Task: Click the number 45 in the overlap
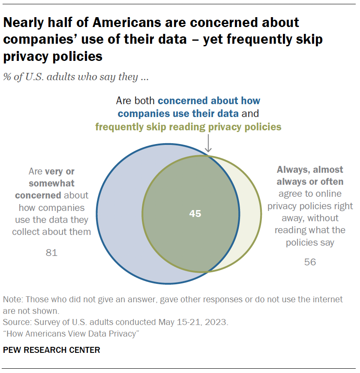pos(195,214)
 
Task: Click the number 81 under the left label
pos(51,253)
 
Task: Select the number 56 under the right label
pos(310,262)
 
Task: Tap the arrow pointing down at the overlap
pos(208,144)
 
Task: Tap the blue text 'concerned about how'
pos(209,101)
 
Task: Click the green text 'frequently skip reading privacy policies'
pos(188,126)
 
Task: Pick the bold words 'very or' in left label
pos(60,171)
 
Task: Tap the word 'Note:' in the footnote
pos(13,299)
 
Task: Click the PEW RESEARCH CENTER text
pos(51,350)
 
